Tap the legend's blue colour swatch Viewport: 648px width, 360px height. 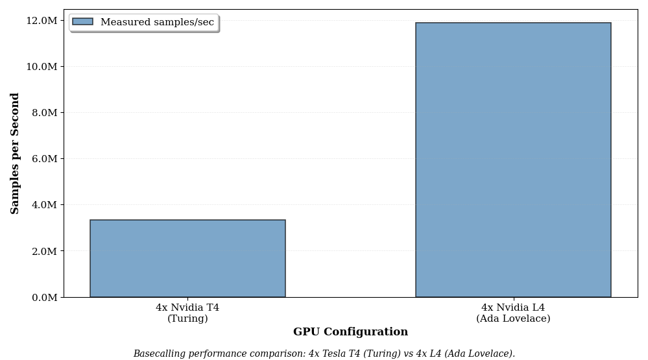82,22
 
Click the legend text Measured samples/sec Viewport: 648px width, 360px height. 157,22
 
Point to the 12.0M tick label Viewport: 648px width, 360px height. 42,21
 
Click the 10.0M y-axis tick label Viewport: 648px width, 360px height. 42,67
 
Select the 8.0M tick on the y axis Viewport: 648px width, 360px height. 44,113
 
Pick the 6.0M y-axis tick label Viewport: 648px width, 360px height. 44,159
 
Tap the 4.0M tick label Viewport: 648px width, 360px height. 44,205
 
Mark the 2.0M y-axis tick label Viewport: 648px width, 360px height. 44,251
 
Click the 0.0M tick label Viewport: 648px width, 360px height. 44,297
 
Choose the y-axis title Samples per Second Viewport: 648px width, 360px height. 16,153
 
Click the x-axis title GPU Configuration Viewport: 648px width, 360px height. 350,332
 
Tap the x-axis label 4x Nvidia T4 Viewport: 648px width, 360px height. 187,307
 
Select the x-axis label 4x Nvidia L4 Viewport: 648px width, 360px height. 513,307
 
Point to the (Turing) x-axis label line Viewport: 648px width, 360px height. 187,318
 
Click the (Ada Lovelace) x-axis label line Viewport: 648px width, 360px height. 513,318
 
